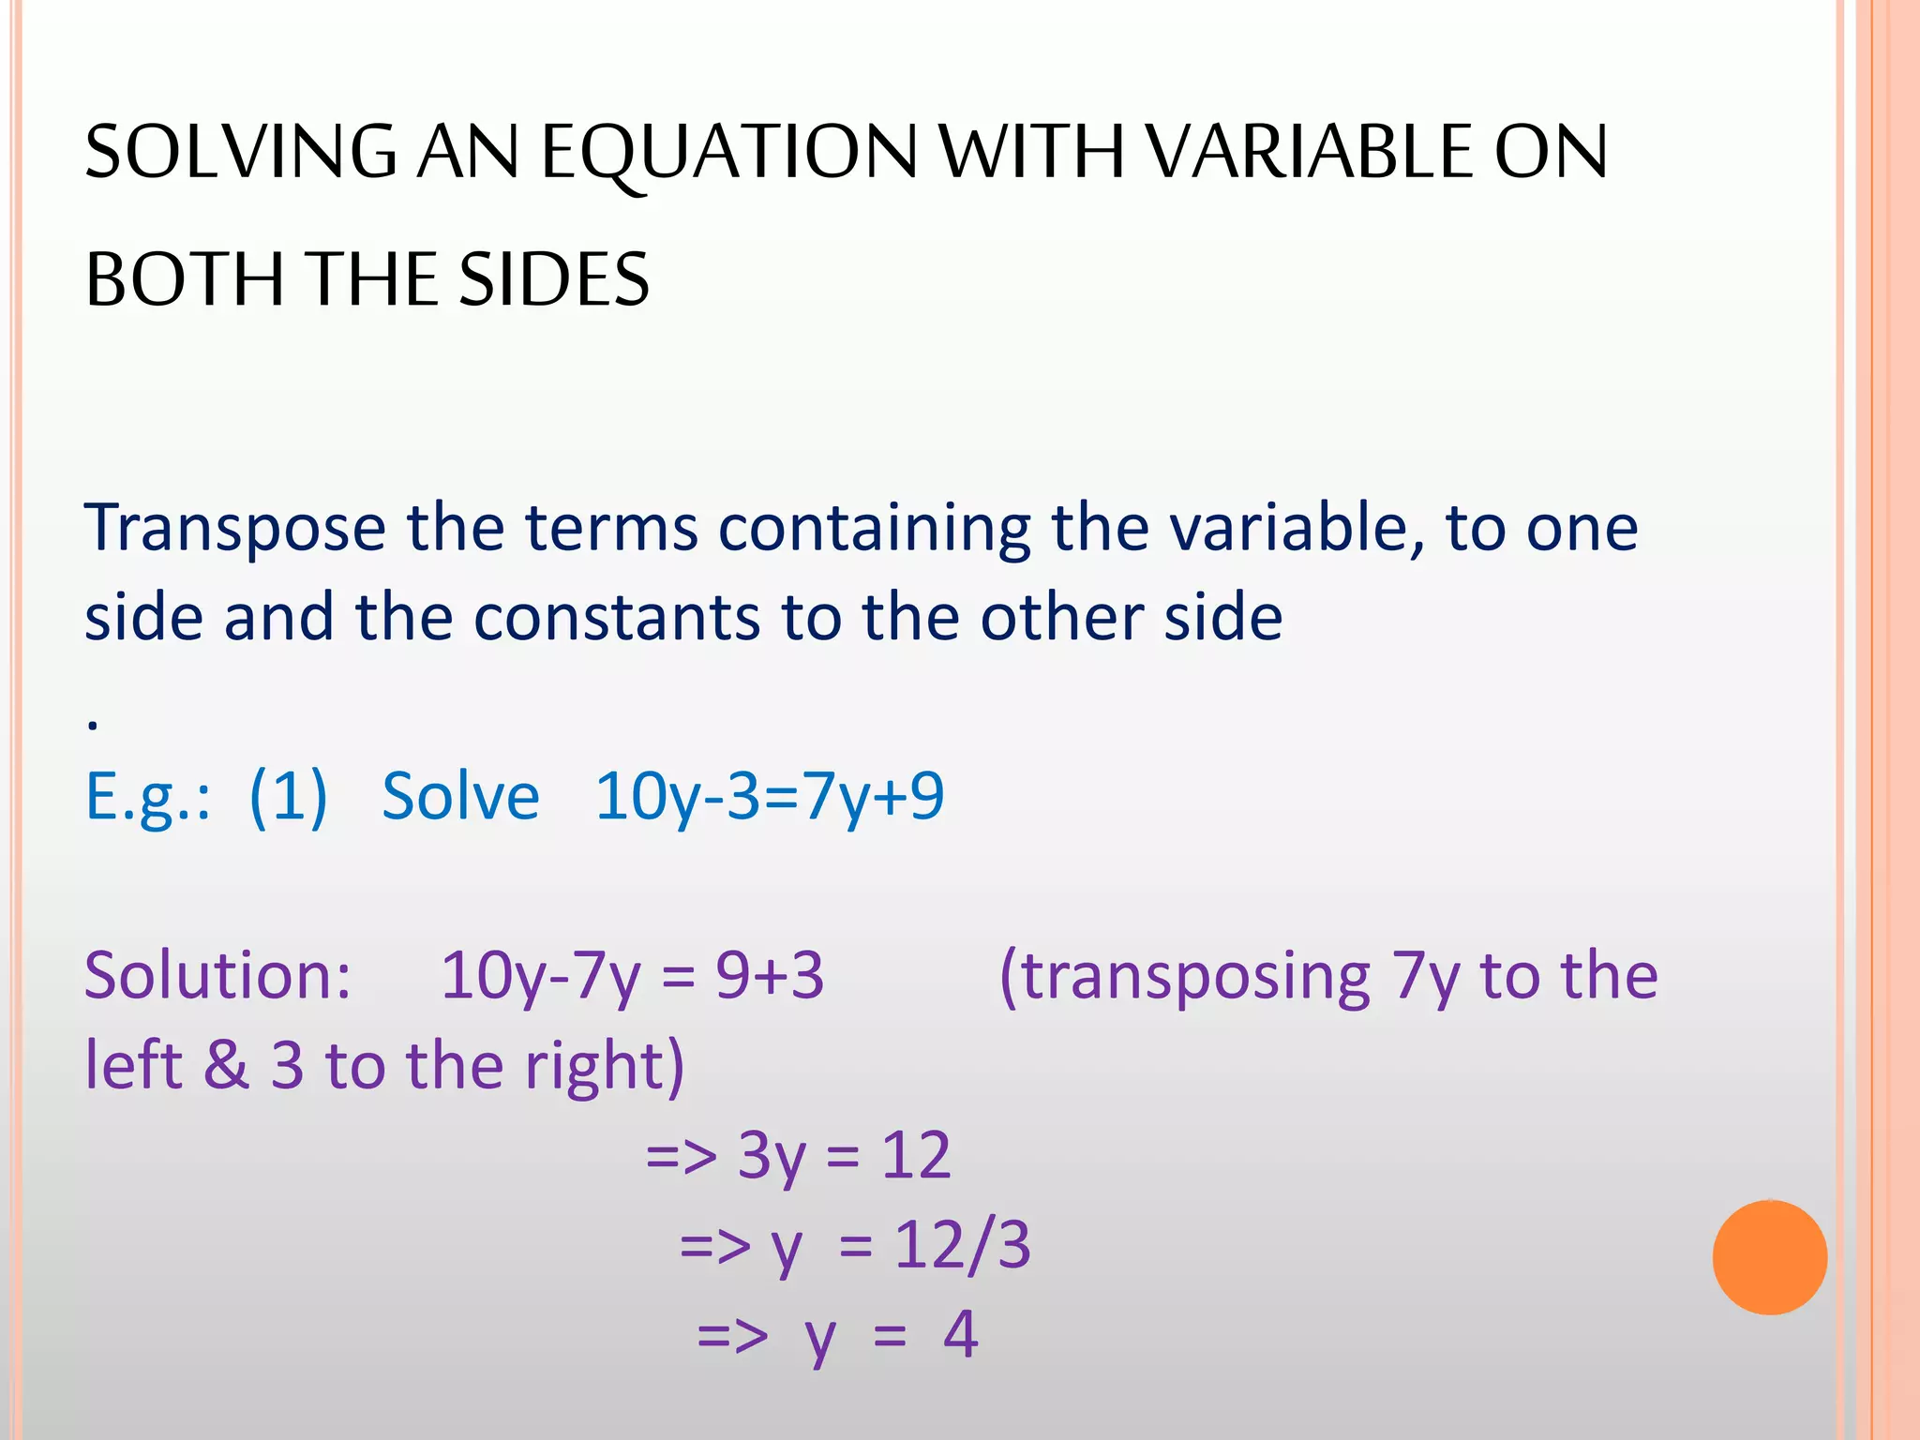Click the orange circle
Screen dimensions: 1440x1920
coord(1769,1257)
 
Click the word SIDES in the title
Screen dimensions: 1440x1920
coord(554,279)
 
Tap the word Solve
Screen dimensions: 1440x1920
coord(460,797)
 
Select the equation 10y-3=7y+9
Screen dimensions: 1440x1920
coord(769,798)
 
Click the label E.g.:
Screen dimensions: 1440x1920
coord(148,798)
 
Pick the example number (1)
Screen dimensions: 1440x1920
coord(289,798)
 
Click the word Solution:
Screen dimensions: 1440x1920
coord(217,976)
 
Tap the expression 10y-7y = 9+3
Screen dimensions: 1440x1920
coord(632,976)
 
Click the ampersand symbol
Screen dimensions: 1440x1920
coord(226,1065)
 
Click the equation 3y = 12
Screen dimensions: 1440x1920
coord(844,1156)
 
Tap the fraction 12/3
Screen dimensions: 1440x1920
coord(962,1246)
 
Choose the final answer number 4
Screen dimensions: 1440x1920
coord(961,1335)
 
